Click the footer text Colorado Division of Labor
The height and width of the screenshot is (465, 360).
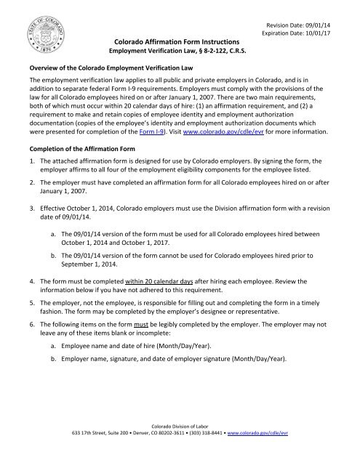(179, 442)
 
